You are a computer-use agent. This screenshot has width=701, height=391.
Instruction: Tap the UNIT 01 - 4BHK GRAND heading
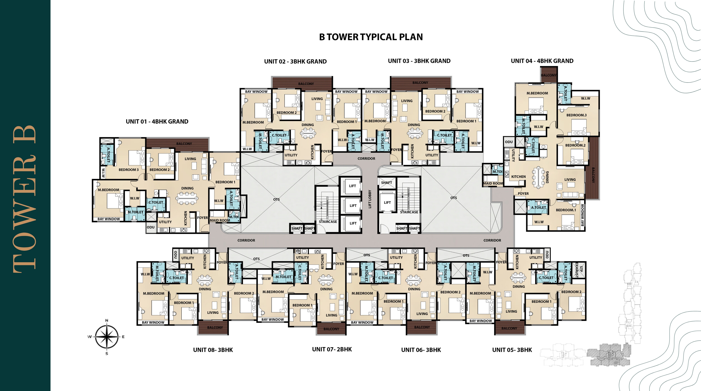[157, 122]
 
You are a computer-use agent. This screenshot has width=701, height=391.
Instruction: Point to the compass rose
[107, 337]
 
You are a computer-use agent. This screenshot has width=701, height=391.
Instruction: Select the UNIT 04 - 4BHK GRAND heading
[542, 61]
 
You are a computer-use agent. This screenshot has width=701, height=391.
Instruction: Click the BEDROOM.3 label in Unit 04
[576, 115]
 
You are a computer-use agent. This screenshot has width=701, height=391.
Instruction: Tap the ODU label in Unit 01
[150, 227]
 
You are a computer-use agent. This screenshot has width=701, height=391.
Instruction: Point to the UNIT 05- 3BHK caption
[512, 350]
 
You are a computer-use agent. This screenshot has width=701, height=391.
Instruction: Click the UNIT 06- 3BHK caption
[421, 350]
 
